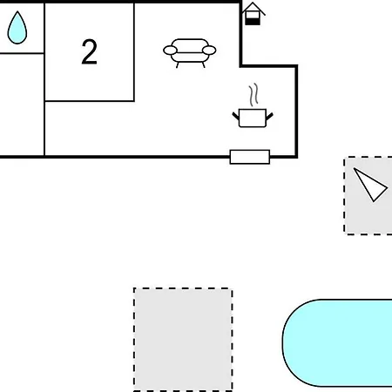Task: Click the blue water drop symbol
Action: (x=17, y=29)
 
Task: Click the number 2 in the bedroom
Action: (x=89, y=51)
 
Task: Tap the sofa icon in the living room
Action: (x=190, y=52)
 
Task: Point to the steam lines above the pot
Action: (x=253, y=94)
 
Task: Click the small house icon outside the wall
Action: (x=253, y=14)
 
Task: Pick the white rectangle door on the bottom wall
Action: (x=250, y=157)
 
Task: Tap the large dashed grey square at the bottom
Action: (x=183, y=340)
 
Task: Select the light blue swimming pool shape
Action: (x=337, y=343)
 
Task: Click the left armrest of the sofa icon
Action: (x=170, y=51)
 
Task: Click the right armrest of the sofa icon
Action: (x=209, y=51)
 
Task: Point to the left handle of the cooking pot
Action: (x=235, y=116)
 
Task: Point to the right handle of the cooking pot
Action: (x=269, y=117)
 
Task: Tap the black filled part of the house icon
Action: (x=253, y=22)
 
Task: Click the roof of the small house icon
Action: (x=253, y=8)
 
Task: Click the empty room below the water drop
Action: (x=22, y=105)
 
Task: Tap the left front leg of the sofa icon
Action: (x=177, y=65)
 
